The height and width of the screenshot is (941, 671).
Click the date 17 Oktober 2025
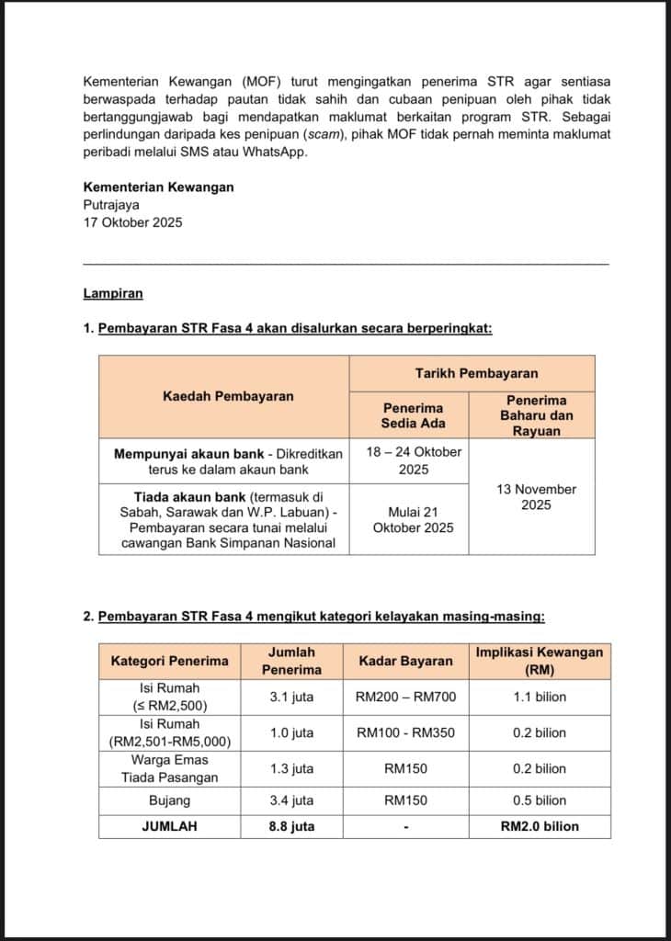pos(132,221)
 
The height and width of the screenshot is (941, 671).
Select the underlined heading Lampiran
pos(112,294)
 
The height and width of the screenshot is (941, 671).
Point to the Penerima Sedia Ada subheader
pos(413,414)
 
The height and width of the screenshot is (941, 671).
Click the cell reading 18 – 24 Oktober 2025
pos(413,460)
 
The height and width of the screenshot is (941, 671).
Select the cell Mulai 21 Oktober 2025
pos(413,518)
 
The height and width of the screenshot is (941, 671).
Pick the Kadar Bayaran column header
pos(404,661)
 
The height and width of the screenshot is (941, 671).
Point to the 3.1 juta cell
pos(291,697)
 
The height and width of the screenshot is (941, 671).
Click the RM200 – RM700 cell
pos(404,697)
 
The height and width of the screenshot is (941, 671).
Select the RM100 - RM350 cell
pos(404,732)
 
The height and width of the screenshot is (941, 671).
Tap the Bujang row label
pos(169,800)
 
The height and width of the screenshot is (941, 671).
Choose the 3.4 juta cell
pos(291,800)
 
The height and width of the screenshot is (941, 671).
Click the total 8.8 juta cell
pos(291,826)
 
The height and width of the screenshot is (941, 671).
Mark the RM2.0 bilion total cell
pos(540,826)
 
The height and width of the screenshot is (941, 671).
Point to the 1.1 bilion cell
pos(540,697)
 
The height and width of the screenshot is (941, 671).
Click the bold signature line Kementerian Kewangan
pos(158,187)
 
